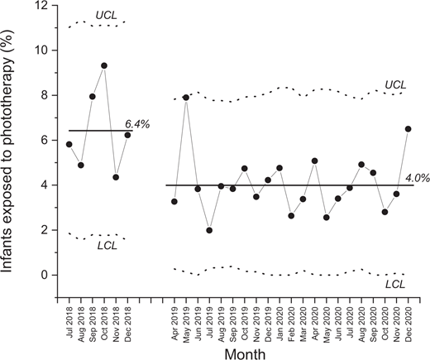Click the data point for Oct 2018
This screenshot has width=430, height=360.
104,65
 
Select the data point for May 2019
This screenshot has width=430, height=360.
186,98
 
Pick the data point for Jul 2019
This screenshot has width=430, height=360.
209,230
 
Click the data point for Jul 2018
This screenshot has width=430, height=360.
69,144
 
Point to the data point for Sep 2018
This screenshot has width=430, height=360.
93,97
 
